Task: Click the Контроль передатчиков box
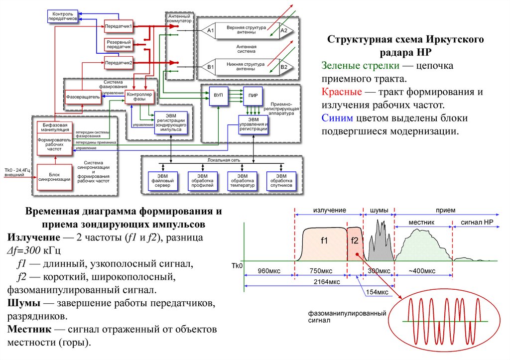[x=63, y=15]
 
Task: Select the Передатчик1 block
[x=118, y=25]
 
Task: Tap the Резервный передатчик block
[x=118, y=44]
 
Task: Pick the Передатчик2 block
[x=118, y=63]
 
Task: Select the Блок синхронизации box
[x=54, y=177]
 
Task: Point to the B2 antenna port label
[x=284, y=66]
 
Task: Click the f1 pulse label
[x=324, y=241]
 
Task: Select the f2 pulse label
[x=354, y=241]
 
